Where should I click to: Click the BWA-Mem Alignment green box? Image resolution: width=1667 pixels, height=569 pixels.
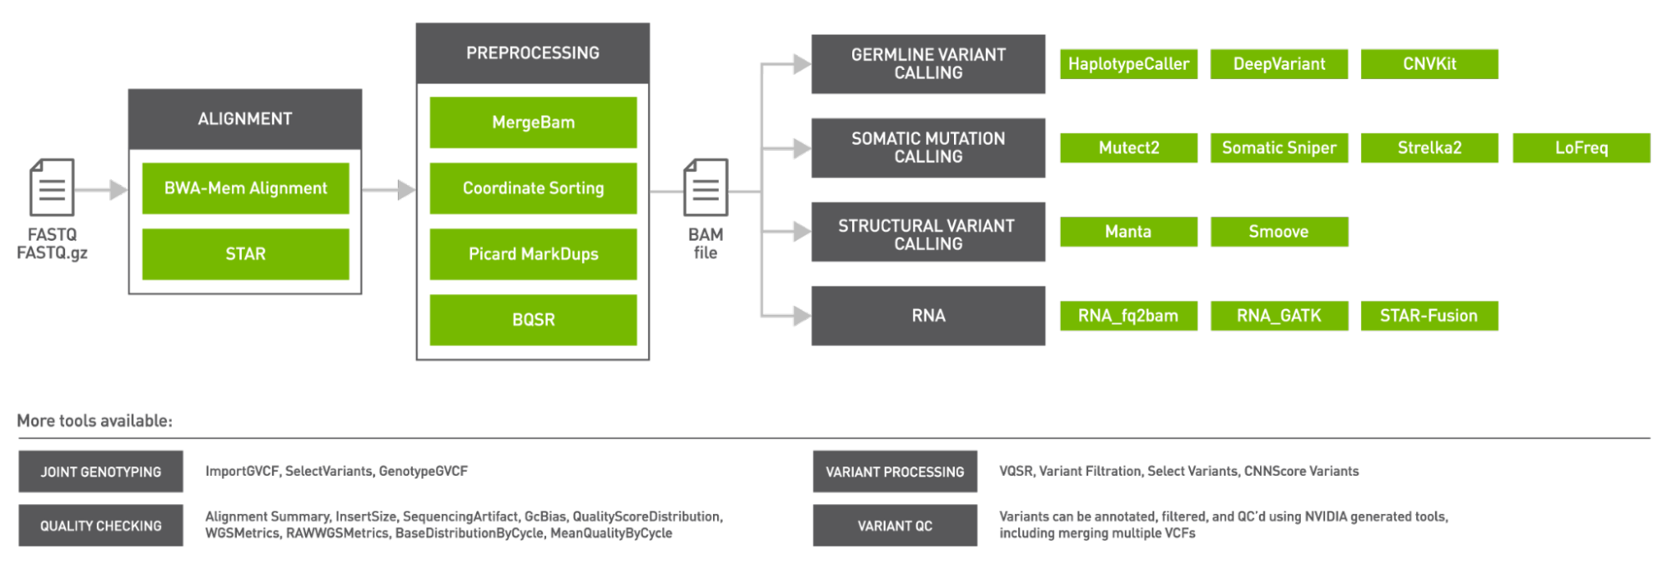[x=245, y=188]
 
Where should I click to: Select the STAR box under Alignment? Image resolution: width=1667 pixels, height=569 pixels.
[x=245, y=254]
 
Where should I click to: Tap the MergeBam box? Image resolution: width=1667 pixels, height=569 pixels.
[x=533, y=122]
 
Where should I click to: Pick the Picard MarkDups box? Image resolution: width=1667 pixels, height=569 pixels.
[x=533, y=254]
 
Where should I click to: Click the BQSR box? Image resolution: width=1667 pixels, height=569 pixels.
[x=533, y=320]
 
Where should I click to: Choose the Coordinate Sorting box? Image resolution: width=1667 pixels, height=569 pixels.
[x=533, y=188]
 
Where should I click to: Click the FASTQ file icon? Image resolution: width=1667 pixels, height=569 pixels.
[x=52, y=187]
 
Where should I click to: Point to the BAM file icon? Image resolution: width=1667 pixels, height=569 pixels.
[x=705, y=187]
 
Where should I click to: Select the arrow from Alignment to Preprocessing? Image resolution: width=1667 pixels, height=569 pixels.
[x=389, y=190]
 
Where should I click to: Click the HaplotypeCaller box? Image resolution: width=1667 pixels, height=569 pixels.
[x=1128, y=64]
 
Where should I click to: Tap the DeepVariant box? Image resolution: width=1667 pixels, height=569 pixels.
[x=1278, y=64]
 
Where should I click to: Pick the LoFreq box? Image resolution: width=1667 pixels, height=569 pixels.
[x=1580, y=147]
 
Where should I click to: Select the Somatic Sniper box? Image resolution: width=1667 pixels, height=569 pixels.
[x=1278, y=147]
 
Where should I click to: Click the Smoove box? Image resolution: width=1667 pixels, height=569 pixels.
[x=1278, y=232]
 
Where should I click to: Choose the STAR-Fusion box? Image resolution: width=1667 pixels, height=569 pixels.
[x=1428, y=316]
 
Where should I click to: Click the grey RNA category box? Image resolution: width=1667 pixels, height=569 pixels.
[x=927, y=316]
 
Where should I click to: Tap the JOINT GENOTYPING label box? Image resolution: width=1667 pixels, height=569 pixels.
[x=101, y=472]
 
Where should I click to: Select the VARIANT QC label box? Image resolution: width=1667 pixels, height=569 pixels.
[x=894, y=526]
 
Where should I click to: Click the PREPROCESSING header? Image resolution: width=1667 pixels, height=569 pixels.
[x=533, y=53]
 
